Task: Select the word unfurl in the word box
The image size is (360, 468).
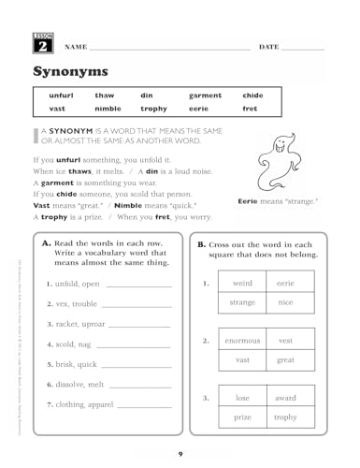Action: [62, 95]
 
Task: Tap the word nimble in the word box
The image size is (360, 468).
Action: [108, 109]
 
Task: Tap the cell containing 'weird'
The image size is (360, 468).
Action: [242, 283]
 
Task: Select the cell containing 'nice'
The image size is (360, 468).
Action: [285, 302]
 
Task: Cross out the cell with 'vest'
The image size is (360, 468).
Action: [285, 341]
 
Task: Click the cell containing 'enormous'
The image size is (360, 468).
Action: [242, 341]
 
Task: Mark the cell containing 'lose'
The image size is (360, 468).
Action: [242, 398]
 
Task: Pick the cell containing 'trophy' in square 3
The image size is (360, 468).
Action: [285, 417]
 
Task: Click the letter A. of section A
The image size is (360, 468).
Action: [47, 242]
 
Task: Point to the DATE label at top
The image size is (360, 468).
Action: [268, 47]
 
